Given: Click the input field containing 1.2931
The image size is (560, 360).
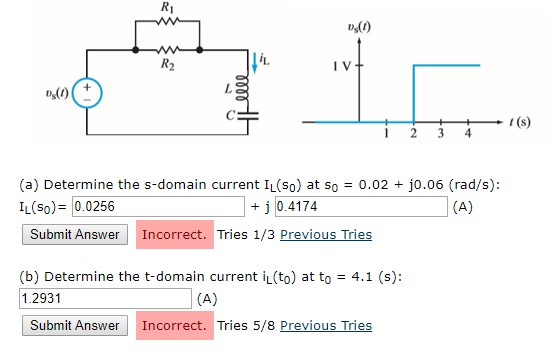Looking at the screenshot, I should pos(104,298).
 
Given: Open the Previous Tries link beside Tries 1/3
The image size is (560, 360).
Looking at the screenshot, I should pos(326,235).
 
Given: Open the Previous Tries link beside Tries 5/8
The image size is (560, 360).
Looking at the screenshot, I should pos(326,325).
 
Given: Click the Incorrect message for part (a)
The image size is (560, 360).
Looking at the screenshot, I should pos(175,235).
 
